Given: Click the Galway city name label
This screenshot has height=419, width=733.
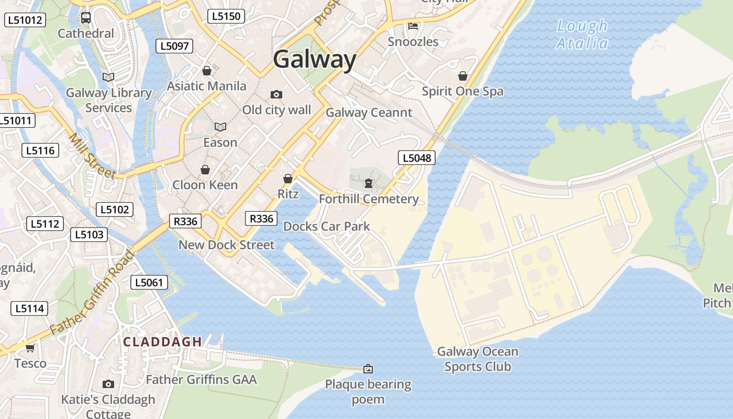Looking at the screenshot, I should (314, 59).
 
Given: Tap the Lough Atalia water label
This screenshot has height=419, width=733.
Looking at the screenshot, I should (582, 34).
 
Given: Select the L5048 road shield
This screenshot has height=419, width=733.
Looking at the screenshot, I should (417, 158).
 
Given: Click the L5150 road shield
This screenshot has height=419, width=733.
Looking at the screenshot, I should (226, 16).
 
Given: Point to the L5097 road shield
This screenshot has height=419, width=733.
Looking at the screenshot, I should (174, 46).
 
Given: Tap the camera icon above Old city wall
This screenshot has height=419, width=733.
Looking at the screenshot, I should (276, 95).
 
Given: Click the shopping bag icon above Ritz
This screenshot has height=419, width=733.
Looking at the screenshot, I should (287, 179).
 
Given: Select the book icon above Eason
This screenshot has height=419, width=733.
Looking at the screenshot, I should (220, 127).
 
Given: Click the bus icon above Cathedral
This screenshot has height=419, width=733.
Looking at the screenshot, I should (86, 18).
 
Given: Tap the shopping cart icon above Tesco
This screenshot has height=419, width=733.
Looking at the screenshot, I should (30, 348).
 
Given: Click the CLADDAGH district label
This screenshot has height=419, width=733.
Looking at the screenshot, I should (162, 342).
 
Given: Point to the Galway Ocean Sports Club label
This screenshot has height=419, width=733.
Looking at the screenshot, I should (477, 359).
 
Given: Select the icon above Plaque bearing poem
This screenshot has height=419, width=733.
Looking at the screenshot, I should (368, 369).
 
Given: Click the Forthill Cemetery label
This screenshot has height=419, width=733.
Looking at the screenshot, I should (369, 199).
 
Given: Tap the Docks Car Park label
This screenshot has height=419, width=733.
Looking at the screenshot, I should (326, 226).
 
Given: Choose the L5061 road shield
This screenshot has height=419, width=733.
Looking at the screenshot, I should (149, 283).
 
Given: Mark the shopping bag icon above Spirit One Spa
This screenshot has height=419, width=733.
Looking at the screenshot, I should (462, 76).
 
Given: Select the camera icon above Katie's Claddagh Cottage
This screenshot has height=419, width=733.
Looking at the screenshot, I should (108, 384).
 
